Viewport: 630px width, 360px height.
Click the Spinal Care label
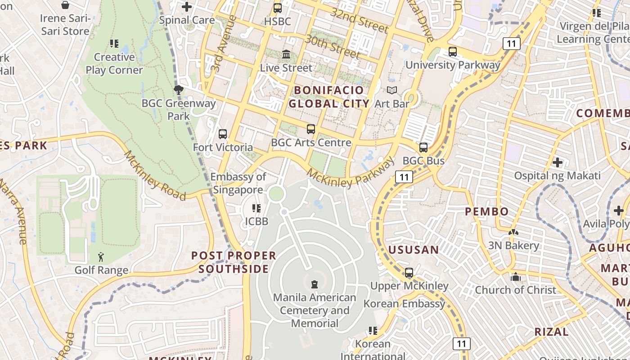coord(187,20)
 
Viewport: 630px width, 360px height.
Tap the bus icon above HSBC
coord(278,8)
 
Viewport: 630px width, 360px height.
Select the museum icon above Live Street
coord(286,54)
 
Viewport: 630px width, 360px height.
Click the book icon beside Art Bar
coord(392,90)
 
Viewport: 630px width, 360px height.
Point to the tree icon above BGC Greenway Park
coord(179,90)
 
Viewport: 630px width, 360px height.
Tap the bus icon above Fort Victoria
coord(223,134)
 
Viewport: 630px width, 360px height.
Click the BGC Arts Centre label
coord(311,143)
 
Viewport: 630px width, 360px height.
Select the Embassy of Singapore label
coord(238,183)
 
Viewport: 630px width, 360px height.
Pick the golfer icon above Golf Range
coord(101,257)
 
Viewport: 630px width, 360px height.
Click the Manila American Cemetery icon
coord(315,284)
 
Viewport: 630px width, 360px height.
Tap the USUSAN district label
coord(413,250)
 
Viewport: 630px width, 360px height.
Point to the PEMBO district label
coord(487,211)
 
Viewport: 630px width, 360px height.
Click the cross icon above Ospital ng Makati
coord(558,162)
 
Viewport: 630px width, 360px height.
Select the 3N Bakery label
coord(513,245)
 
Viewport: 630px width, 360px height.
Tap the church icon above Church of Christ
coord(516,277)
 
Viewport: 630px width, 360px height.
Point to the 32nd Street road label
coord(359,20)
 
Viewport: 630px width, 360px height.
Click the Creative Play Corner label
coord(114,63)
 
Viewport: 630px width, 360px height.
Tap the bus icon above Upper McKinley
coord(409,273)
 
